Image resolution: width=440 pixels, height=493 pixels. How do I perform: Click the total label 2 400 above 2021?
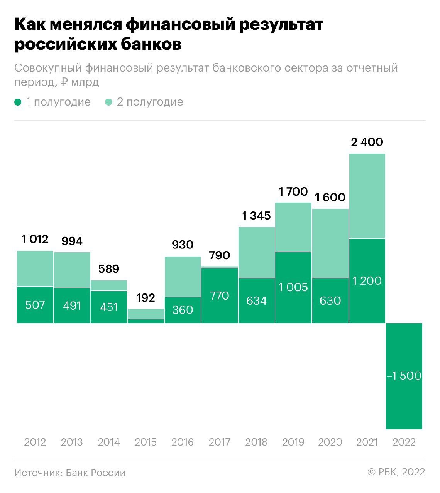click(367, 142)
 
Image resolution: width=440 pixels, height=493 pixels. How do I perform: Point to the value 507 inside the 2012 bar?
click(35, 305)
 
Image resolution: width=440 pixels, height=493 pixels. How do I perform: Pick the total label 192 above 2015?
click(146, 298)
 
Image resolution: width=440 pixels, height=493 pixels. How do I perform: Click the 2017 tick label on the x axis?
click(219, 442)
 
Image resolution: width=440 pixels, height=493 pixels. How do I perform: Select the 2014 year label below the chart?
click(109, 442)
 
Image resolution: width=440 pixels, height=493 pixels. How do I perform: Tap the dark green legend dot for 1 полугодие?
click(18, 102)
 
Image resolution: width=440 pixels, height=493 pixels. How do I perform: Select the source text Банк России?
click(96, 473)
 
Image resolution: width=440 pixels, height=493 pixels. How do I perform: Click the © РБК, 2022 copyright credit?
click(396, 472)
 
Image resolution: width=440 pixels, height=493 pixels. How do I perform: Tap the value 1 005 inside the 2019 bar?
click(293, 287)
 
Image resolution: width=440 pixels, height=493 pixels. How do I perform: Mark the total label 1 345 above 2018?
click(256, 216)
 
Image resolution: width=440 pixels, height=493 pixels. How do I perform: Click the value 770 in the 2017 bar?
click(219, 296)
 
